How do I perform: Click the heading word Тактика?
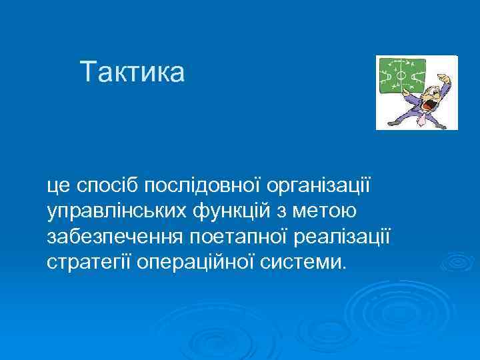click(x=131, y=72)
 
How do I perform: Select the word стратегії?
click(x=89, y=261)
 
